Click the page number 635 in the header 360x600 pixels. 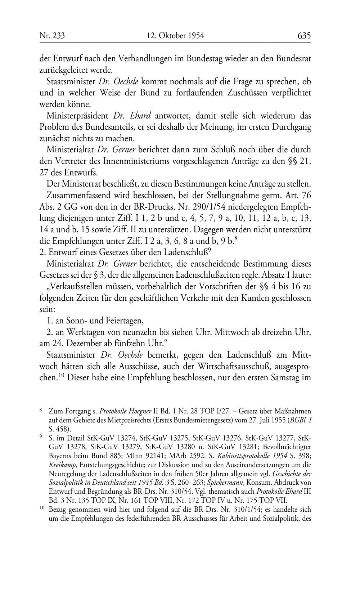(x=304, y=36)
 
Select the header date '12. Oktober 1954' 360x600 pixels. (x=175, y=36)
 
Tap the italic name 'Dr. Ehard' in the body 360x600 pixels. (x=132, y=116)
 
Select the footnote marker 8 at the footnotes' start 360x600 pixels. (x=41, y=410)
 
